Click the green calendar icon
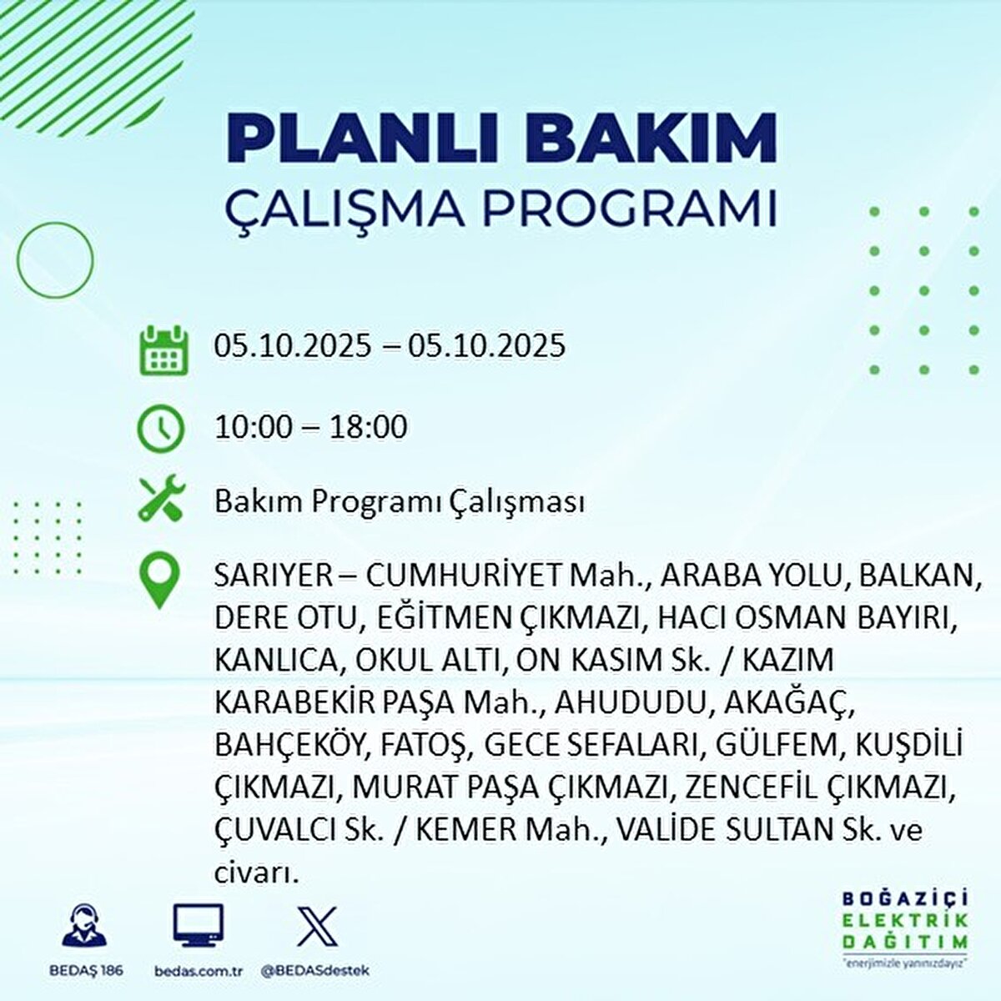tap(163, 350)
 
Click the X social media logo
tap(317, 926)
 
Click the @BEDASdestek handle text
tap(315, 971)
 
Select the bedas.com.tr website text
tap(199, 971)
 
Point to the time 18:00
tap(370, 427)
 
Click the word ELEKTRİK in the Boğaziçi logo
tap(904, 920)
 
